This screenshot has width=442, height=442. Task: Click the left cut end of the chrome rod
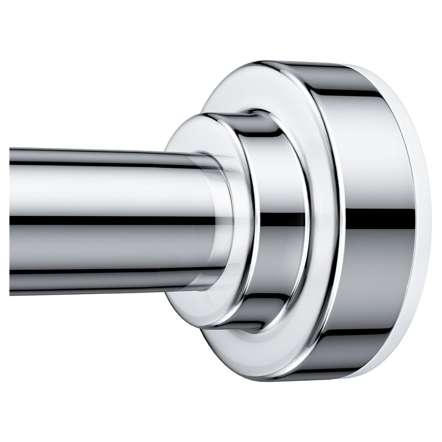(11, 221)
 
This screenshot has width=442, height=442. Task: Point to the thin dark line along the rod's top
(102, 163)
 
